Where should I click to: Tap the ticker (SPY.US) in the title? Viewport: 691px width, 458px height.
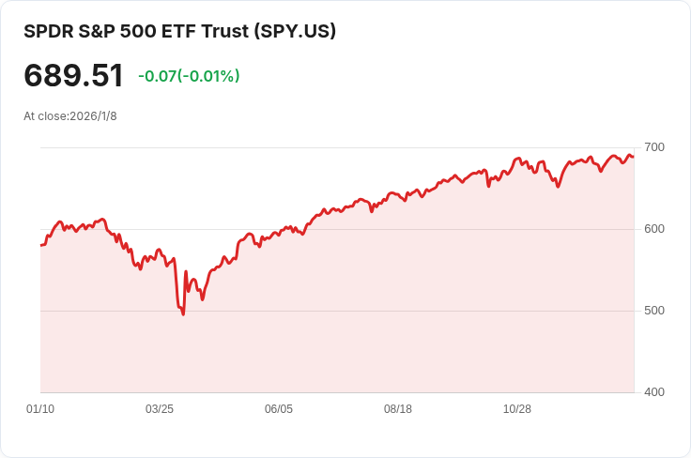[x=296, y=31]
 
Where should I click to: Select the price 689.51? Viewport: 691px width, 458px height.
[x=73, y=76]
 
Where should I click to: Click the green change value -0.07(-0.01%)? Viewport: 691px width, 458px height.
[x=189, y=76]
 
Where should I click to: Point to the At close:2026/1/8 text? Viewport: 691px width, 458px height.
[x=70, y=116]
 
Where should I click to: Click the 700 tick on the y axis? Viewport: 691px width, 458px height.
[x=654, y=147]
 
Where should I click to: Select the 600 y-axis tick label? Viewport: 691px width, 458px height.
[x=654, y=229]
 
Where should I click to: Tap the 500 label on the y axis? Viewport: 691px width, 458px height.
[x=654, y=311]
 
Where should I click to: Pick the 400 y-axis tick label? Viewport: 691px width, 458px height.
[x=654, y=391]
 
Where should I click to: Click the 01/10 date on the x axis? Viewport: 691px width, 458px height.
[x=40, y=409]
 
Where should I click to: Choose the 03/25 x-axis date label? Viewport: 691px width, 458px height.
[x=160, y=409]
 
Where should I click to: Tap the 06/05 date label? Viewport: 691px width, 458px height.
[x=279, y=409]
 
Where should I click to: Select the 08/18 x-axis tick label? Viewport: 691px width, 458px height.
[x=398, y=409]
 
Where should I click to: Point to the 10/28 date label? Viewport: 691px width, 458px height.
[x=517, y=409]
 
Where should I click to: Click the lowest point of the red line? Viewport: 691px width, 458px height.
[x=183, y=313]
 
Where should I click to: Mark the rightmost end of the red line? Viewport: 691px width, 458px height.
[x=633, y=156]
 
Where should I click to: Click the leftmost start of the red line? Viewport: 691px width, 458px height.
[x=41, y=245]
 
